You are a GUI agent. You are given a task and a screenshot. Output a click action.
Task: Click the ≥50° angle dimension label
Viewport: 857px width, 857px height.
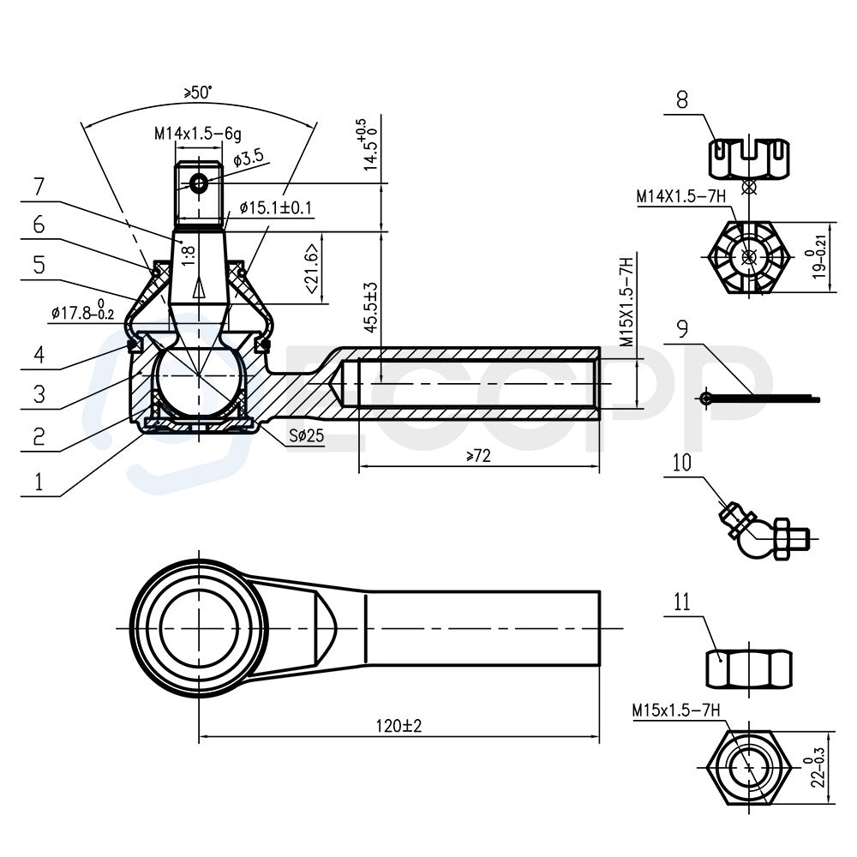(198, 92)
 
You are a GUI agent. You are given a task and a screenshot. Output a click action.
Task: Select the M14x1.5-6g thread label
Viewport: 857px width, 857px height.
(198, 134)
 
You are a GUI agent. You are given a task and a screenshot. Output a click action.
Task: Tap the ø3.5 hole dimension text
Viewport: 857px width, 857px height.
(249, 159)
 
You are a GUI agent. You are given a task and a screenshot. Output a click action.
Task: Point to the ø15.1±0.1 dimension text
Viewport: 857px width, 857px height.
(276, 207)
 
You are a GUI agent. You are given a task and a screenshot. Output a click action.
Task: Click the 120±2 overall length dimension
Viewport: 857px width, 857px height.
(399, 726)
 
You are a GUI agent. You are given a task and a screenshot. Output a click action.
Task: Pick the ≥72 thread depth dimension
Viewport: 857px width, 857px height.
(479, 455)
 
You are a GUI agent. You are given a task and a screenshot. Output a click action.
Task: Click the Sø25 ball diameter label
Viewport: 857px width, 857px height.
(307, 435)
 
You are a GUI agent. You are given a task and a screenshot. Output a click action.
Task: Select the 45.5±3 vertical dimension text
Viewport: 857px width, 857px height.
(372, 308)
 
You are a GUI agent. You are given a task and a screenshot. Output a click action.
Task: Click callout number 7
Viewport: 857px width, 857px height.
(39, 187)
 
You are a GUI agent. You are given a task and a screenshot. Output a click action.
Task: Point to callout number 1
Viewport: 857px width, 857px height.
(39, 482)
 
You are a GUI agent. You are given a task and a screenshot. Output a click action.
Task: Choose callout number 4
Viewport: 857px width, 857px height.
(39, 355)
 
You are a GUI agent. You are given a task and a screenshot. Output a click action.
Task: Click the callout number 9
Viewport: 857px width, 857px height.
(682, 329)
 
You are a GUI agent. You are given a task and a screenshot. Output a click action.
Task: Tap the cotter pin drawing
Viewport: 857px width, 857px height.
(759, 399)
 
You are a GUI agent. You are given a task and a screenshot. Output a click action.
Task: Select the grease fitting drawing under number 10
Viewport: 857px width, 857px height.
(765, 532)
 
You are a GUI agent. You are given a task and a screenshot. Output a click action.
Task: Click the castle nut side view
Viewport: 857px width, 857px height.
(750, 159)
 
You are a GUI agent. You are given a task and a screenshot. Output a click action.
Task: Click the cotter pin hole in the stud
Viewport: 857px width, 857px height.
(199, 183)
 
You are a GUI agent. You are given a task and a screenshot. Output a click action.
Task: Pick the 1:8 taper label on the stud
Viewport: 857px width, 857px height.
(188, 255)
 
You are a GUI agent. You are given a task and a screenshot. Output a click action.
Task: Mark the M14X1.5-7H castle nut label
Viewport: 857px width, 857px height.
(681, 197)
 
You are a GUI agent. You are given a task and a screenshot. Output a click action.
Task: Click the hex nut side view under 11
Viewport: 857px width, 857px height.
(749, 669)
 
